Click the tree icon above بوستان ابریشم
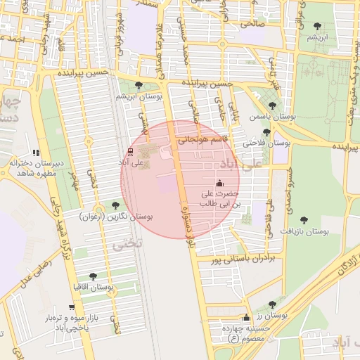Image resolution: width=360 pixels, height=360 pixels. click(x=139, y=85)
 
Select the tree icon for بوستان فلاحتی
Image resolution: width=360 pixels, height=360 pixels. click(x=266, y=131)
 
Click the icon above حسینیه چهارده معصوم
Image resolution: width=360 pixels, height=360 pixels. click(x=245, y=318)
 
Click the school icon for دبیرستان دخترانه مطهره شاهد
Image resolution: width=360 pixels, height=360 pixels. click(x=36, y=153)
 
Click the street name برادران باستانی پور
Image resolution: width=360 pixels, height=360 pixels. click(x=240, y=259)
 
